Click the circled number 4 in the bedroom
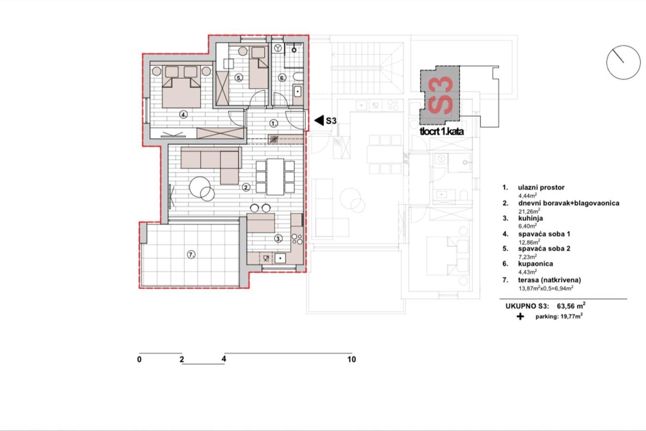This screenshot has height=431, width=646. click(x=183, y=115)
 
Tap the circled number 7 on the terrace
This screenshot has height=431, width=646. click(x=191, y=254)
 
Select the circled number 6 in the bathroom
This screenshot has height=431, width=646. click(x=282, y=78)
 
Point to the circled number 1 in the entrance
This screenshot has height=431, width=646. click(x=273, y=124)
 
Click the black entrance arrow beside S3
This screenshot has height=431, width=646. click(x=319, y=120)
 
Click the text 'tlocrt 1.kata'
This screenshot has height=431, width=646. click(x=442, y=132)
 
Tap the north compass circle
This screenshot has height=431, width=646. click(x=623, y=62)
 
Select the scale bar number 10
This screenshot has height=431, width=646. click(x=352, y=360)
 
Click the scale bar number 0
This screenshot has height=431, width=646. click(x=139, y=360)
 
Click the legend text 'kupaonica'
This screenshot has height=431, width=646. click(x=535, y=264)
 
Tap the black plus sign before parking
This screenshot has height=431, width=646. click(x=520, y=316)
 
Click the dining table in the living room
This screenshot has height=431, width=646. click(x=275, y=177)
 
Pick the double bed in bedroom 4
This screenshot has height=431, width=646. click(x=181, y=86)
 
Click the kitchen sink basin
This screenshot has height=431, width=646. click(x=280, y=258)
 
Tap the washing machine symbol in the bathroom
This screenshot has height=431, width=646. click(x=278, y=48)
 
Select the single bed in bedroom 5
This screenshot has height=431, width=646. click(x=258, y=68)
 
